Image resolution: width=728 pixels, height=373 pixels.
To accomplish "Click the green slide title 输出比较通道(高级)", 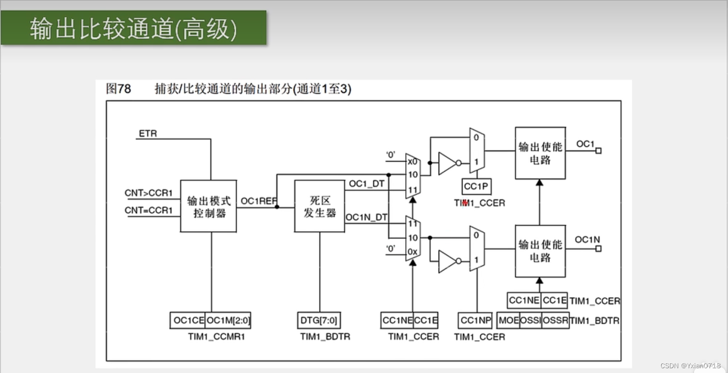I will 133,29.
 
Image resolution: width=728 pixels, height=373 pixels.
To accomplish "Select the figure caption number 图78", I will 118,89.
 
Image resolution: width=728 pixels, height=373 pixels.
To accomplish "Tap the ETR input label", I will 148,133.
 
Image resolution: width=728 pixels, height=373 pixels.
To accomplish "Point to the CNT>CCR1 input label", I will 148,193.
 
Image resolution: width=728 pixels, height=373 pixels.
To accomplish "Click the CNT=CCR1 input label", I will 148,210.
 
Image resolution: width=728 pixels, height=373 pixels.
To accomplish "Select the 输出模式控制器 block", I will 209,207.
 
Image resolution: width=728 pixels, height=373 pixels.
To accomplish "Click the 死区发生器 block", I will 320,206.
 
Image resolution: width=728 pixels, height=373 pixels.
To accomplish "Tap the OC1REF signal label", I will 259,201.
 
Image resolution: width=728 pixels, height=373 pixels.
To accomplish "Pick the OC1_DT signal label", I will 366,184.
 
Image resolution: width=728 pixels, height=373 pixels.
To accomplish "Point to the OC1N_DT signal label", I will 366,218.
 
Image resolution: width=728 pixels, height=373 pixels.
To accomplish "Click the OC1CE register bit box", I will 188,320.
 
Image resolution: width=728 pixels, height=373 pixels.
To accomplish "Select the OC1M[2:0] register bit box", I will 228,320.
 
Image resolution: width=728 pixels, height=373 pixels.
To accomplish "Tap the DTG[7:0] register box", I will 320,320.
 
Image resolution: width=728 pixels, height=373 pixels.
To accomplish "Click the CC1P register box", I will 476,186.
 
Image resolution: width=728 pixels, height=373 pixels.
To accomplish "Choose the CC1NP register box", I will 475,320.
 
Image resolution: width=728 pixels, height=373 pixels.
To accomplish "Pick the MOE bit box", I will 508,320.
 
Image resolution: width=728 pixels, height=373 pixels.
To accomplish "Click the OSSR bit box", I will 555,320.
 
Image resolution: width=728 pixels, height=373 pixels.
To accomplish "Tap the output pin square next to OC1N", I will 598,249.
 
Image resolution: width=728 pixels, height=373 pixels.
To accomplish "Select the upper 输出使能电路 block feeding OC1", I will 540,153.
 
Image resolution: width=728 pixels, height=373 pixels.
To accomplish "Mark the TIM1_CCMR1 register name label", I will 216,337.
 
